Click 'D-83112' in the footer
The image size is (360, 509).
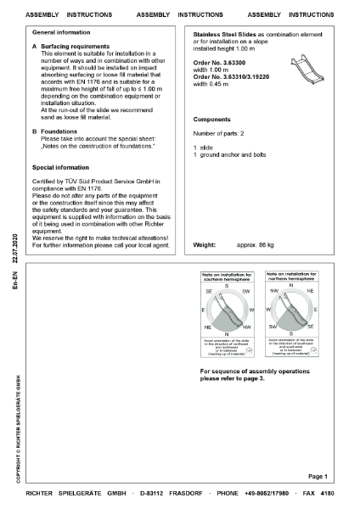coord(155,493)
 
